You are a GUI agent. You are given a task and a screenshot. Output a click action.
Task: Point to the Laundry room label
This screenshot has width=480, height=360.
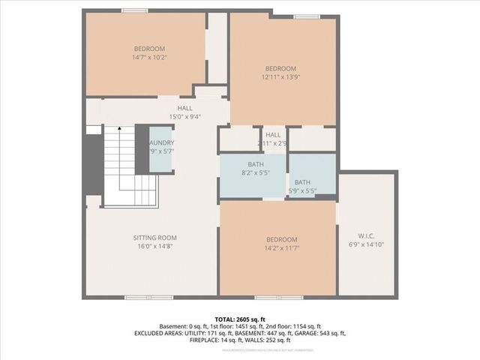161,142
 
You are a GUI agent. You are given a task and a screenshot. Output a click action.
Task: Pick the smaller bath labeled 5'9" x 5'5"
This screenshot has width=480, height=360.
303,186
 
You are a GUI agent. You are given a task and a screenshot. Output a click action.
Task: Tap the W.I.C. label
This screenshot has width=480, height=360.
367,235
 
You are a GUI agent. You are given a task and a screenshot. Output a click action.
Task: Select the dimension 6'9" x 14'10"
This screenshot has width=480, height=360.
367,244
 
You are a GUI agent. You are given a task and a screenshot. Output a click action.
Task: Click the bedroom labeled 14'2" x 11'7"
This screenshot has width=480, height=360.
276,243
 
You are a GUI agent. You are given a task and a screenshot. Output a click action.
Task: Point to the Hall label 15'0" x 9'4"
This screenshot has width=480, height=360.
184,112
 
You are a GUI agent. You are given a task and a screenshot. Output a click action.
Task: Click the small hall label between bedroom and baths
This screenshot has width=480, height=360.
273,138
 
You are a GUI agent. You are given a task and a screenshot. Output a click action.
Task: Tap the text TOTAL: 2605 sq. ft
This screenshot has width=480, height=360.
239,319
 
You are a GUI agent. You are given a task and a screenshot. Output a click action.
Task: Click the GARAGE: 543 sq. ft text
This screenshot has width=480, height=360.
321,333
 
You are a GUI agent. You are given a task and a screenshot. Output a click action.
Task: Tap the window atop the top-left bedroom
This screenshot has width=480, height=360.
134,10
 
